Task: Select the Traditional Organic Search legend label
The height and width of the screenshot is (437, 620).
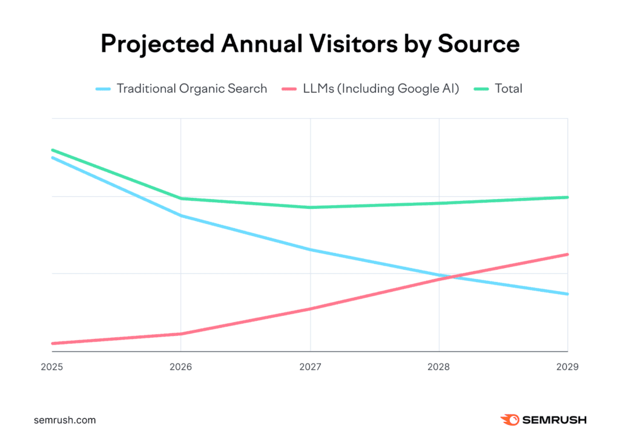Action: coord(191,88)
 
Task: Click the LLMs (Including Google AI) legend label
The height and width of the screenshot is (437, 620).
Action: coord(381,88)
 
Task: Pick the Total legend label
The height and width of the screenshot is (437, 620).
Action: coord(509,88)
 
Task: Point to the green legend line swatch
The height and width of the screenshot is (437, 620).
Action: coord(481,89)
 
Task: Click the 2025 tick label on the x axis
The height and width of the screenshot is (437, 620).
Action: coord(52,367)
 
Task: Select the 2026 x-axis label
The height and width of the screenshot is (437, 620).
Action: coord(180,367)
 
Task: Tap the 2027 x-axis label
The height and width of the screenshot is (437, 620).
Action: coord(310,367)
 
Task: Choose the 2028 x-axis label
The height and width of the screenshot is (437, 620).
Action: coord(439,367)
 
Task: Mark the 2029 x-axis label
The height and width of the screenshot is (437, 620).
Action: coord(567,367)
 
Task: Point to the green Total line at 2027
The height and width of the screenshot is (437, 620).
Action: coord(310,208)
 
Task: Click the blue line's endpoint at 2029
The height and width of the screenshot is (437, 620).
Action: coord(567,294)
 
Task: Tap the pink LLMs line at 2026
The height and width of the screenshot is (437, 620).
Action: coord(180,333)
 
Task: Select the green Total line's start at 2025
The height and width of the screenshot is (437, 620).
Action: coord(53,150)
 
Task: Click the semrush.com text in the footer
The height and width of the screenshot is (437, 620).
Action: coord(65,419)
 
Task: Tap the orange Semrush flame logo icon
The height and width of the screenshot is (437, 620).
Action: coord(508,419)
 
